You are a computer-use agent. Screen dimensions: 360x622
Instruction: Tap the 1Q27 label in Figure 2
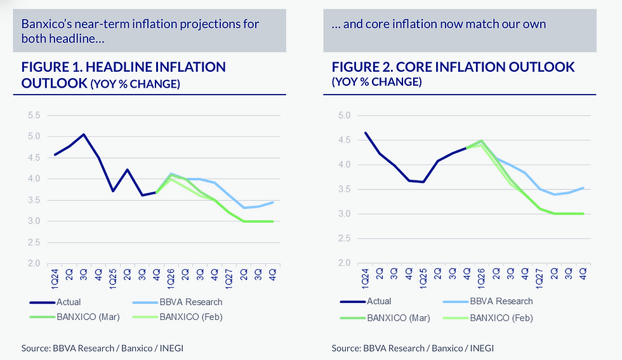tap(540, 278)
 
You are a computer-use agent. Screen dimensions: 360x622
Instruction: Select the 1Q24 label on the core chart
tap(365, 278)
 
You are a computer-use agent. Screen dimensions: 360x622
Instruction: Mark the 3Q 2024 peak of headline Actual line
tap(84, 135)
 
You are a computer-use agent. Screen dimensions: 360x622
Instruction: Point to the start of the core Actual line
tap(365, 133)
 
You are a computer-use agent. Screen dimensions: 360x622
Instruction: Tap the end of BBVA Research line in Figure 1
tap(273, 203)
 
